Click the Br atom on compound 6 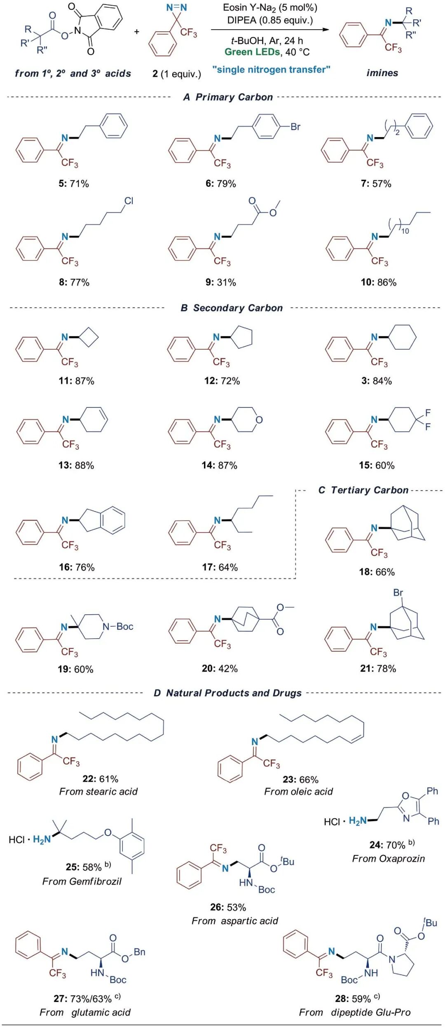point(295,127)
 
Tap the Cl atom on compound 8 point(129,201)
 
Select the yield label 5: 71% point(74,184)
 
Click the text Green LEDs point(252,52)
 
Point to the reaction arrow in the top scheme point(270,30)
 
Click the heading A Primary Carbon point(228,97)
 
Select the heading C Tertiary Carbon point(363,490)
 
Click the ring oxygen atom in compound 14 point(259,420)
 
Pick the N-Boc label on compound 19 point(118,627)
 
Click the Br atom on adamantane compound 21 point(398,593)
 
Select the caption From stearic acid point(98,791)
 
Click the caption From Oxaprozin point(388,858)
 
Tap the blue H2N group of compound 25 point(42,839)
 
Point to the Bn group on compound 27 point(140,952)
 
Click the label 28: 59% point(353,999)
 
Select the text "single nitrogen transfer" point(271,70)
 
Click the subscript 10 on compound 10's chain point(405,231)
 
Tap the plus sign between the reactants point(137,32)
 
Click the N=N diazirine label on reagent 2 point(176,8)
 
